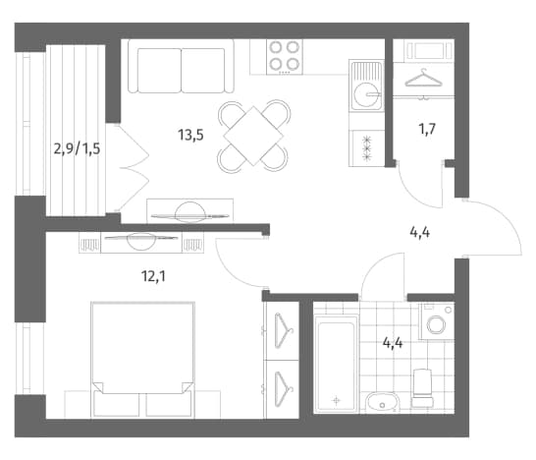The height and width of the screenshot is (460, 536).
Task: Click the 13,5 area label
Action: point(190,136)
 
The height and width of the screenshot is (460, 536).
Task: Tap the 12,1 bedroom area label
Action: point(153,276)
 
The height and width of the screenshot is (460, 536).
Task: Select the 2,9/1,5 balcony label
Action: point(77,149)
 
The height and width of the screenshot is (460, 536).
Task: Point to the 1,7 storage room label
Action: point(427,129)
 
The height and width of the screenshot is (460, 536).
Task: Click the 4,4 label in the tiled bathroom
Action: point(393,343)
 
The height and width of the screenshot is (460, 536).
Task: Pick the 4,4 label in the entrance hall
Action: point(420,233)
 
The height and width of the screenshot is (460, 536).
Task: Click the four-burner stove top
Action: point(285,57)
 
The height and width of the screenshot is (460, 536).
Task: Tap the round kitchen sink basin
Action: point(367,93)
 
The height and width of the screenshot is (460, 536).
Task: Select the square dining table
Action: point(253,137)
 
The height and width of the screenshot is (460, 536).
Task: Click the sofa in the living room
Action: point(182,66)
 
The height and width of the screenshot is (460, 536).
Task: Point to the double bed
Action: point(143,360)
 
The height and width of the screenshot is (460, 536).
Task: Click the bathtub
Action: point(337,365)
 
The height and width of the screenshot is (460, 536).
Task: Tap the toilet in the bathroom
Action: point(422,388)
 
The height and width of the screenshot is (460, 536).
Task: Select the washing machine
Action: point(437,321)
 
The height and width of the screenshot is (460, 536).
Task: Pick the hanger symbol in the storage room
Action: point(423,79)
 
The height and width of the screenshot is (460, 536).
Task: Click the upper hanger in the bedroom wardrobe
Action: point(284,330)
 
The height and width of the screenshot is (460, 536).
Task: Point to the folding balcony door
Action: point(134,168)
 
